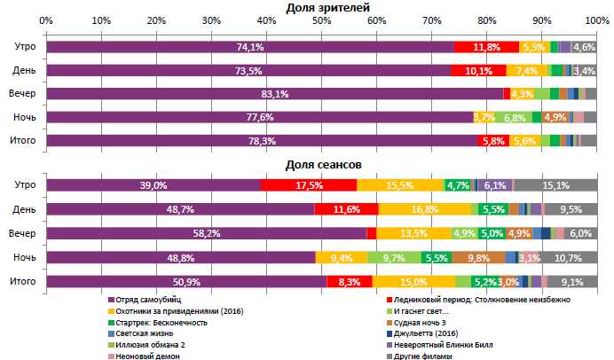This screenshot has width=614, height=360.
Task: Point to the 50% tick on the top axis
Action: [x=321, y=20]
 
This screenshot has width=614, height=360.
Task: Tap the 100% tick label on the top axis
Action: [x=595, y=20]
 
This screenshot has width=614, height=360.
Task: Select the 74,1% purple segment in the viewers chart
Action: [x=250, y=47]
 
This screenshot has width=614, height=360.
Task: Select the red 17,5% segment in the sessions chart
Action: [x=309, y=185]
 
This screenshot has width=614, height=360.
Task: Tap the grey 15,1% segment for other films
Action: [x=555, y=185]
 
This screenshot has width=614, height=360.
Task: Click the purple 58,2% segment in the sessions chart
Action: [x=206, y=233]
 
